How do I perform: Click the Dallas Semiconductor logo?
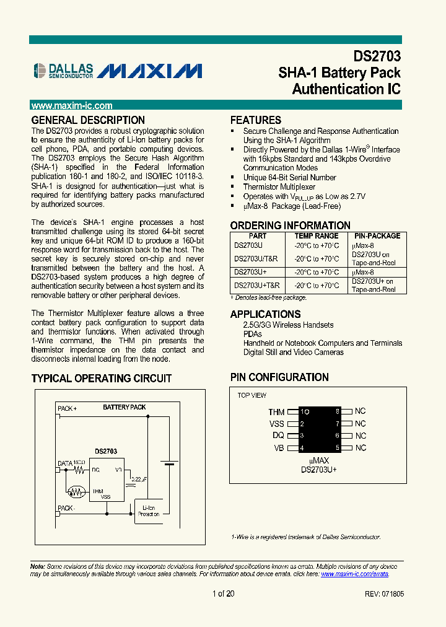[x=63, y=71]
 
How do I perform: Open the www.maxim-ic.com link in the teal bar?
[x=72, y=106]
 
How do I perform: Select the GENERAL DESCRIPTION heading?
[x=88, y=120]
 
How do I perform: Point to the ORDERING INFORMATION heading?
[x=290, y=226]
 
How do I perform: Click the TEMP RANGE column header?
[x=317, y=236]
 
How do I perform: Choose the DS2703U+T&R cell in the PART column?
[x=257, y=286]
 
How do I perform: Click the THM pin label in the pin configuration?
[x=276, y=412]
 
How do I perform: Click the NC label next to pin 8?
[x=361, y=411]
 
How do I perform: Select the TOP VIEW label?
[x=252, y=395]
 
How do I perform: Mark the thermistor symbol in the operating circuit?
[x=77, y=491]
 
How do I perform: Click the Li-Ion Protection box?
[x=149, y=510]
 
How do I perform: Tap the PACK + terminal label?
[x=67, y=408]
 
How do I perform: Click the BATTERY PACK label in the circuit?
[x=125, y=407]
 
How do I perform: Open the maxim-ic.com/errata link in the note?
[x=355, y=574]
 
